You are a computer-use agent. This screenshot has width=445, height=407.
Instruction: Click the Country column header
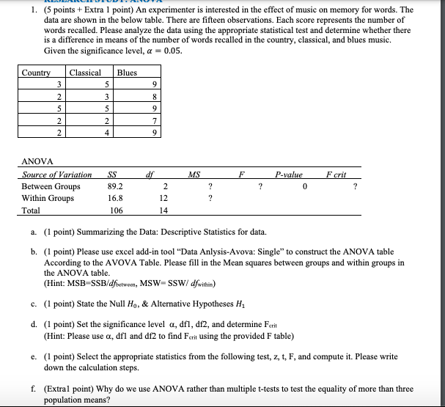pyautogui.click(x=36, y=73)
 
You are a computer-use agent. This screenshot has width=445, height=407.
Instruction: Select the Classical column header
pyautogui.click(x=85, y=73)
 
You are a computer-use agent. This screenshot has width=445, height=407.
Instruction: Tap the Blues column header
pyautogui.click(x=127, y=73)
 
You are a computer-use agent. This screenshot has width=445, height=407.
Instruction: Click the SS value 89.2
pyautogui.click(x=115, y=186)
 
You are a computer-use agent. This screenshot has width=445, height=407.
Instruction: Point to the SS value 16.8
pyautogui.click(x=115, y=198)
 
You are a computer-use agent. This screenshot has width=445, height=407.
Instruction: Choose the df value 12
pyautogui.click(x=165, y=198)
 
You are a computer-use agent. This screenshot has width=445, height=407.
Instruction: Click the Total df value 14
pyautogui.click(x=165, y=210)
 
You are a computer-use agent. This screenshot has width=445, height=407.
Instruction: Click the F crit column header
pyautogui.click(x=335, y=175)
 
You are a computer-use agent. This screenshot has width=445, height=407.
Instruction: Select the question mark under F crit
pyautogui.click(x=355, y=186)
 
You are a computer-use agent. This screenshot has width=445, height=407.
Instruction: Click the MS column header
pyautogui.click(x=194, y=175)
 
